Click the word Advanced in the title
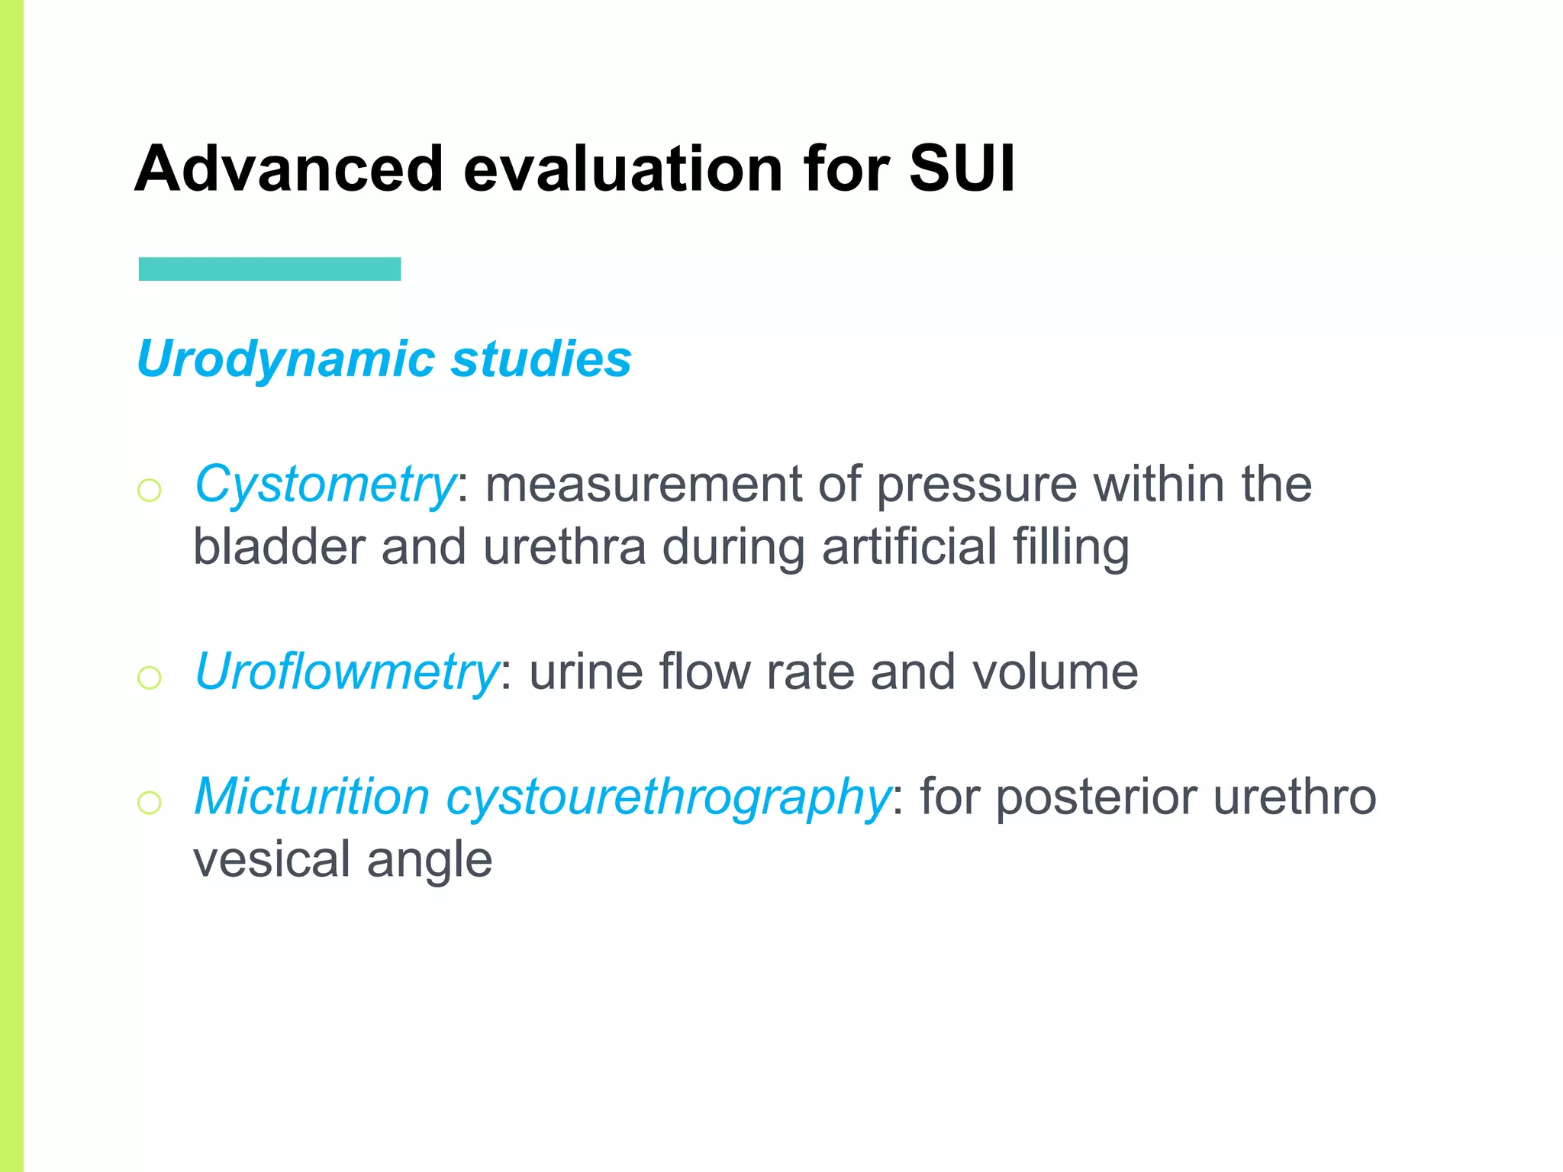click(x=288, y=169)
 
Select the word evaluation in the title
click(x=622, y=169)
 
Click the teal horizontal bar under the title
click(x=269, y=269)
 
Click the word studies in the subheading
click(x=540, y=359)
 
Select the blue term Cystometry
click(x=324, y=485)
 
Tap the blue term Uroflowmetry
click(x=346, y=672)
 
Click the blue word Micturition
click(x=312, y=797)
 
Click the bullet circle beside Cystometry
click(x=150, y=489)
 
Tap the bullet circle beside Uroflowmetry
click(x=150, y=677)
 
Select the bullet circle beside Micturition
click(x=150, y=802)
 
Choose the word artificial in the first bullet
click(x=909, y=548)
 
